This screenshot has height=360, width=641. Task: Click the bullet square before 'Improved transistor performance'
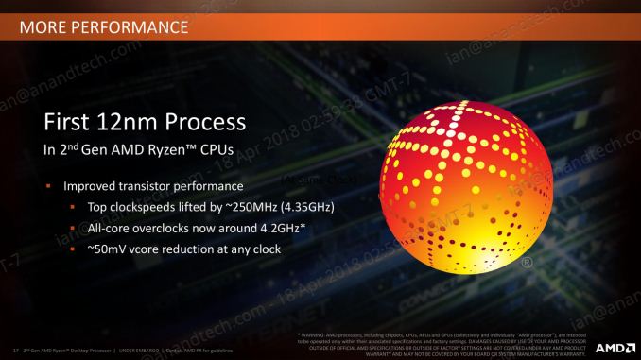tap(47, 186)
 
